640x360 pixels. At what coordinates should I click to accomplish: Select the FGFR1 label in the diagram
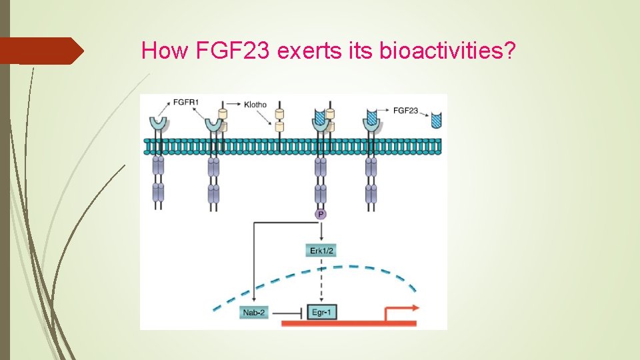click(186, 102)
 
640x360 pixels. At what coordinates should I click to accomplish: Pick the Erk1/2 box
click(321, 251)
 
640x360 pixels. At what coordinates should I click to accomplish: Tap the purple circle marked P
click(321, 214)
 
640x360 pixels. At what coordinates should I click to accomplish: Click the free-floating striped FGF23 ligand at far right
click(437, 121)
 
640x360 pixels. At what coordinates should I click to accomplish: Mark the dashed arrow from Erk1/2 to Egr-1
click(321, 280)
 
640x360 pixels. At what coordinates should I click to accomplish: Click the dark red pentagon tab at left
click(40, 51)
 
